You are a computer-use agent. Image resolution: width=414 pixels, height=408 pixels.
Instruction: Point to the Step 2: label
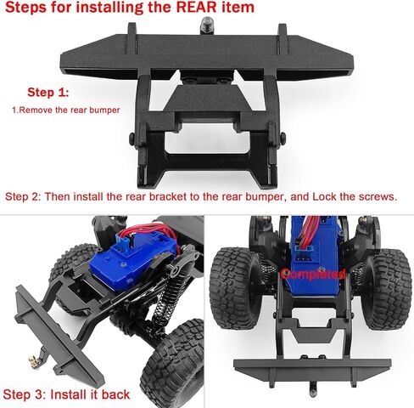[22, 196]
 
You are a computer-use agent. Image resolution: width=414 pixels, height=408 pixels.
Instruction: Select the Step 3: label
[23, 394]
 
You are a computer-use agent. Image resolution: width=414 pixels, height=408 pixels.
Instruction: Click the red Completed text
[315, 275]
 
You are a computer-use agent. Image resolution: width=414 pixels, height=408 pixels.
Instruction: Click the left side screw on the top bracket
[130, 139]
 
